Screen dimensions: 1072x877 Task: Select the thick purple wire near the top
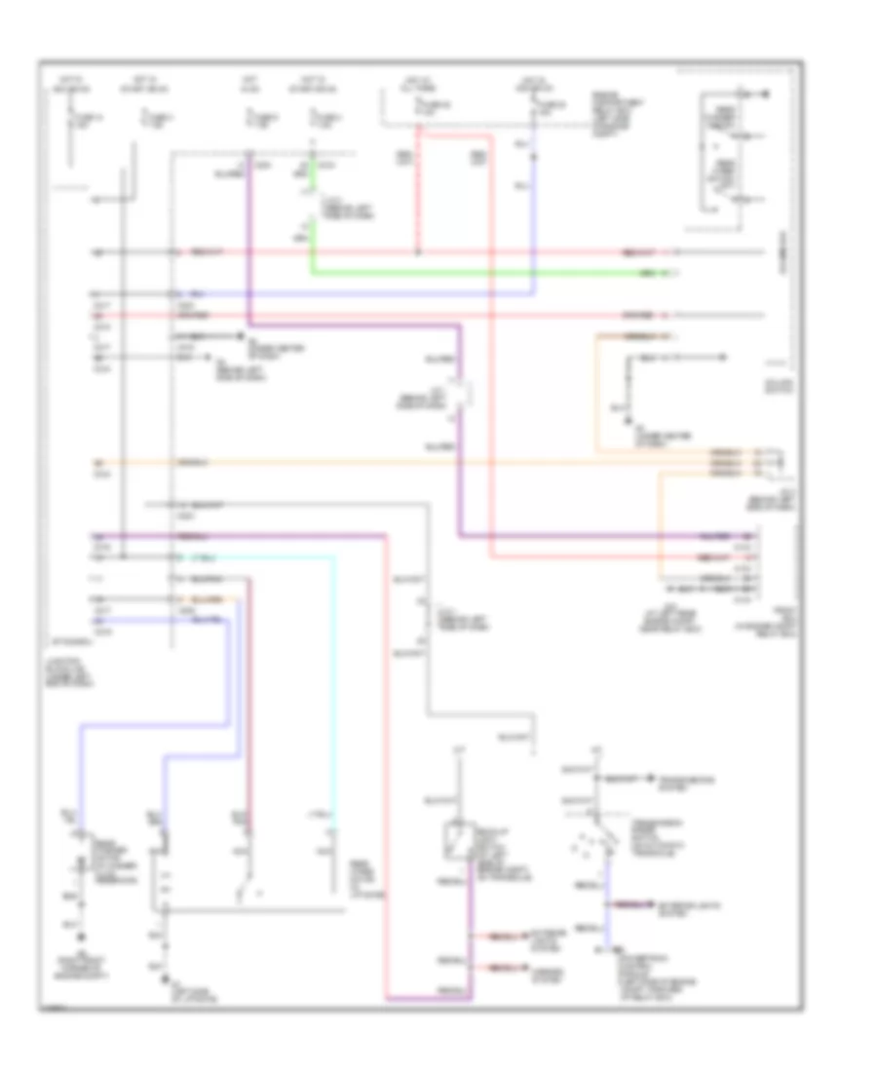tap(249, 244)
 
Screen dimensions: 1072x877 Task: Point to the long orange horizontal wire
tap(390, 459)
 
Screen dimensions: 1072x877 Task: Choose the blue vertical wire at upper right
tap(534, 214)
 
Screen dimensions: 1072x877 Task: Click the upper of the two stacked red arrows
tap(499, 938)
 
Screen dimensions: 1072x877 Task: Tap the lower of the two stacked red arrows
tap(499, 968)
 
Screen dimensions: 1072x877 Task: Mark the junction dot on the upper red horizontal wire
tap(418, 252)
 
